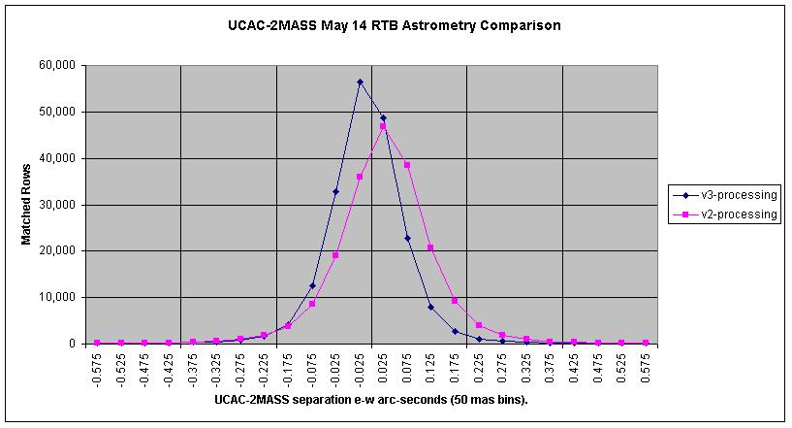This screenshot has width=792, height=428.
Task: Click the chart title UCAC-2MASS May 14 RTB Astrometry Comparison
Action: (395, 25)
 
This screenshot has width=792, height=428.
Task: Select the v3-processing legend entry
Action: (724, 195)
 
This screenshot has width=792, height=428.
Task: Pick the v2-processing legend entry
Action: (724, 214)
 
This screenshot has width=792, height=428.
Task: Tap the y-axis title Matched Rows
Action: (26, 205)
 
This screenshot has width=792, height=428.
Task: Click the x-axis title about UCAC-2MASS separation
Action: (371, 400)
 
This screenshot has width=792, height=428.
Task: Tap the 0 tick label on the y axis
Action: (73, 344)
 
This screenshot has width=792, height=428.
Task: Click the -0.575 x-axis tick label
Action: (97, 370)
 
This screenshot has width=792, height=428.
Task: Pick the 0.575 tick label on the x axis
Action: (645, 372)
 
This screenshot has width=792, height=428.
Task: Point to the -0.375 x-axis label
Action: (193, 370)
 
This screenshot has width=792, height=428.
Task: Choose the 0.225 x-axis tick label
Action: (478, 372)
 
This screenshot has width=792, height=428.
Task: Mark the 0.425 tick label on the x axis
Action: (574, 372)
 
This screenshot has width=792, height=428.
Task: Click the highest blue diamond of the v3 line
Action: (361, 82)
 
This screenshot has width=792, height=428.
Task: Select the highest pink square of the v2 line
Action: (383, 126)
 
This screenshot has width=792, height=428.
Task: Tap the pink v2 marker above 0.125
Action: (430, 247)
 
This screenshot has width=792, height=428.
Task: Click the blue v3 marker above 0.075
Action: (407, 239)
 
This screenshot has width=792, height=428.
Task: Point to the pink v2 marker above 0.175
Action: (455, 301)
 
